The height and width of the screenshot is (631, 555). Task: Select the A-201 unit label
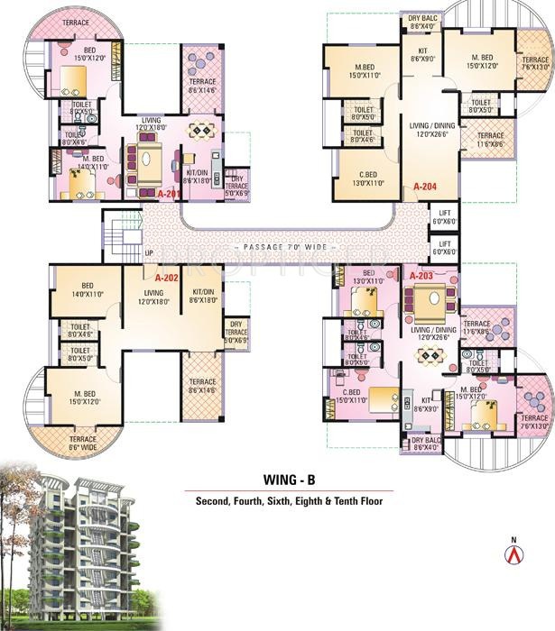pyautogui.click(x=169, y=194)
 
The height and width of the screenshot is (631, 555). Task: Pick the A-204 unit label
pyautogui.click(x=425, y=187)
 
